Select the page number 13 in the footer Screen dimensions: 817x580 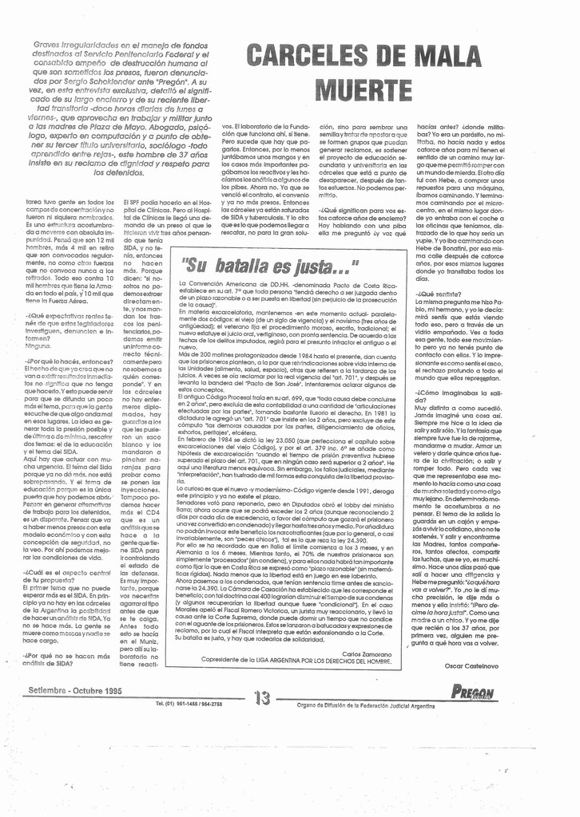point(262,698)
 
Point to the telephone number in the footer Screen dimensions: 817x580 point(189,703)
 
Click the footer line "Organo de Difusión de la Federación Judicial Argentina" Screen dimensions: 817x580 point(365,705)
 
